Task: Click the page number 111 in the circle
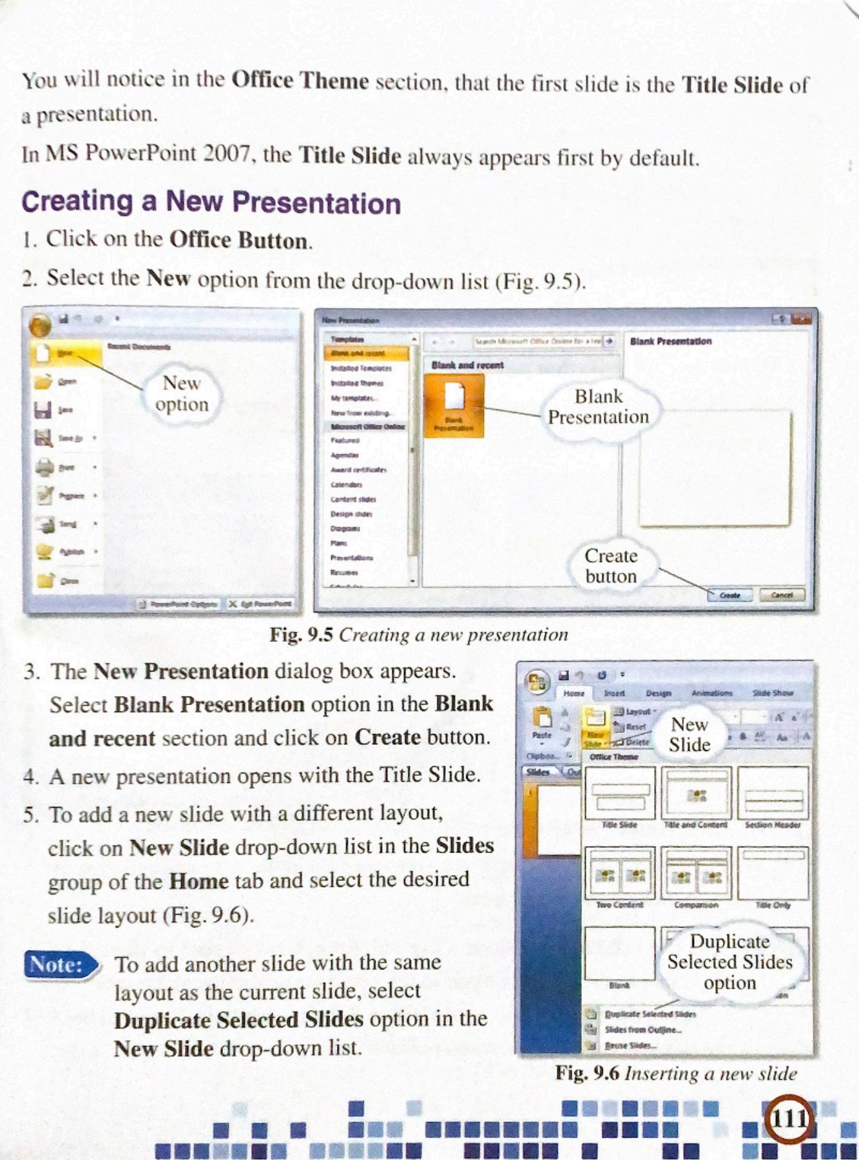789,1119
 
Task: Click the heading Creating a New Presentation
211,202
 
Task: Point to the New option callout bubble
182,394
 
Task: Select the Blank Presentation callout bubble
598,407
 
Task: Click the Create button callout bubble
610,566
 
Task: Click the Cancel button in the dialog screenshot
782,595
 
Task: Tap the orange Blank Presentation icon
454,403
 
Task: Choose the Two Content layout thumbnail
619,874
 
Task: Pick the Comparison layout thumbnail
696,874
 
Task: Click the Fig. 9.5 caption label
301,635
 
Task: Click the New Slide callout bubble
690,735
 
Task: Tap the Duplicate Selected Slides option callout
729,962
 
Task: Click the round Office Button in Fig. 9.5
41,324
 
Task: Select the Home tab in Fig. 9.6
573,693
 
